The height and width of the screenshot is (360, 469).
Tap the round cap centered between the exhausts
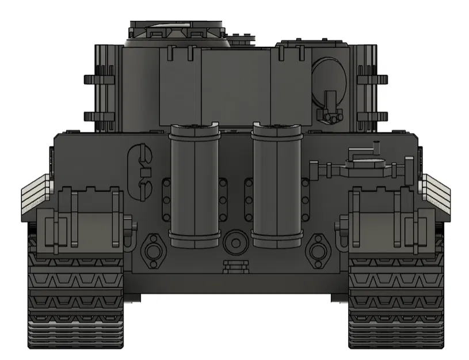pyautogui.click(x=235, y=242)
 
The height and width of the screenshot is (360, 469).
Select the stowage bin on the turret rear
pyautogui.click(x=235, y=86)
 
